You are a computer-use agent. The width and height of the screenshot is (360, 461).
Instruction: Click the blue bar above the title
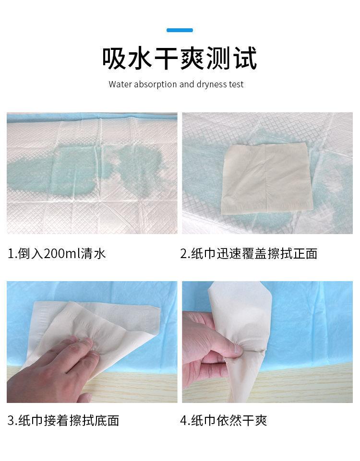click(x=180, y=30)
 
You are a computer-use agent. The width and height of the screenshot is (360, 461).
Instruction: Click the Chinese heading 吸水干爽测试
click(x=180, y=59)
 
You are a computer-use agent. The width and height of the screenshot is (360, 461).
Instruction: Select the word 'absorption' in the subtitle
click(x=155, y=85)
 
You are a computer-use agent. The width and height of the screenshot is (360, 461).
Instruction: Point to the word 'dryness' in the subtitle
click(x=212, y=85)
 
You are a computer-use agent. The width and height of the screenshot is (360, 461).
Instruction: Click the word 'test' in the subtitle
click(x=236, y=84)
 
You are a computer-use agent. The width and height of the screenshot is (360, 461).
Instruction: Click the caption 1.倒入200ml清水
click(x=57, y=253)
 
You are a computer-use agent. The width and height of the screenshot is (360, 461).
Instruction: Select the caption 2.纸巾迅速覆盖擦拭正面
click(x=249, y=253)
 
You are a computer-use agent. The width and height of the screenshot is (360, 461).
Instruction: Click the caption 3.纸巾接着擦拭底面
click(x=63, y=421)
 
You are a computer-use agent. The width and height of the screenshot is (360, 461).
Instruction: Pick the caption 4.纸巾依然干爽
click(x=223, y=421)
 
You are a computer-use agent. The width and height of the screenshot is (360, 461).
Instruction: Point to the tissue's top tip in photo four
click(x=216, y=285)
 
